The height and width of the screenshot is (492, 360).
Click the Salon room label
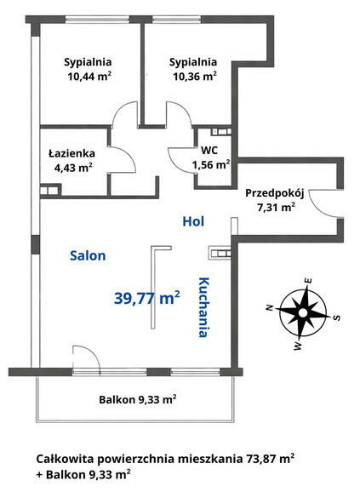(x=88, y=255)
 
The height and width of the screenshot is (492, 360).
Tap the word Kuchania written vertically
(x=203, y=307)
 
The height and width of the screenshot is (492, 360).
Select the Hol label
(x=193, y=221)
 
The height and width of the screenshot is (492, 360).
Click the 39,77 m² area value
(x=146, y=297)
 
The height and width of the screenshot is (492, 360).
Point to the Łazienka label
(x=71, y=153)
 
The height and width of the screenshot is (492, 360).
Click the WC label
(x=209, y=151)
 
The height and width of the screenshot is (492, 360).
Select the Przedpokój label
(x=275, y=193)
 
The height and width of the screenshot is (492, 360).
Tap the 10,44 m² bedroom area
(x=89, y=77)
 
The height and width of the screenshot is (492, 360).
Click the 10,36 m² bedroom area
(x=195, y=77)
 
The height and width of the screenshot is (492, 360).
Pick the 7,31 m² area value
(x=276, y=207)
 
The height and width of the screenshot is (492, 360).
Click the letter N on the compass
(x=269, y=307)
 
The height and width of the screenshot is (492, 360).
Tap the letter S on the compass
(x=336, y=318)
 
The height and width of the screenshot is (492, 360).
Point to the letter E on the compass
(x=309, y=280)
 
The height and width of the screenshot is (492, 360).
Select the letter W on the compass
(x=298, y=346)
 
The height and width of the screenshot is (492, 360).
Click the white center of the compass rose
(x=303, y=313)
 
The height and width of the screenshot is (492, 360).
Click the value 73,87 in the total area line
(x=260, y=460)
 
